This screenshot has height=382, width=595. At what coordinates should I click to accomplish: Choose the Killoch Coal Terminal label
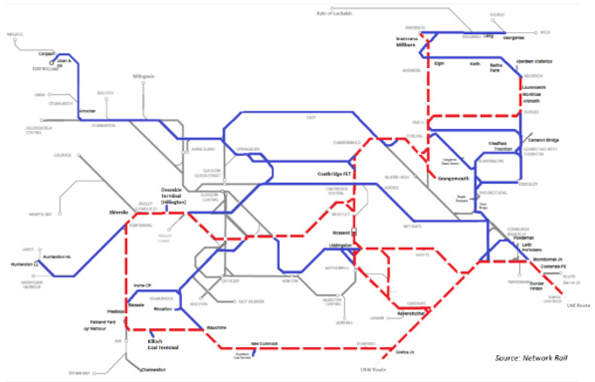coord(164,344)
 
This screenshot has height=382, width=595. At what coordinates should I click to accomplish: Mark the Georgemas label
coord(514,38)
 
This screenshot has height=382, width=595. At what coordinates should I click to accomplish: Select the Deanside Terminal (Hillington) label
coord(180,195)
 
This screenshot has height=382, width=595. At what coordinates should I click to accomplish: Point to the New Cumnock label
coord(264,344)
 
